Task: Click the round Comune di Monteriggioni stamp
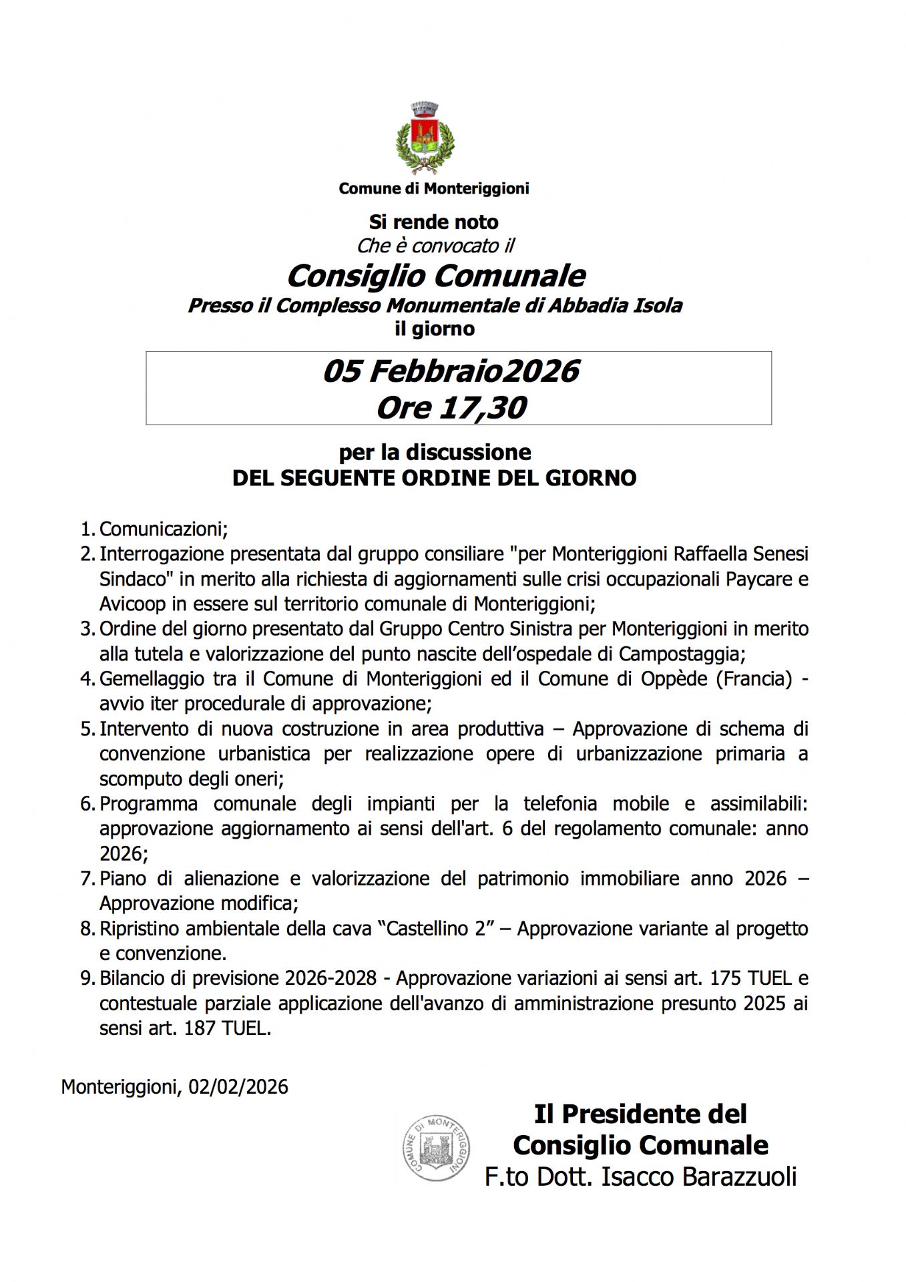pos(436,1147)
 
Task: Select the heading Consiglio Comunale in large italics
pos(435,276)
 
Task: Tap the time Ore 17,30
pos(451,407)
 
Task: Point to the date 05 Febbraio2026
pos(451,371)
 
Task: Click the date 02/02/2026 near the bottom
pos(238,1087)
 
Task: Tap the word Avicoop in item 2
pos(132,604)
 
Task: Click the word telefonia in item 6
pos(560,804)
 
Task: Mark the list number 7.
pos(87,879)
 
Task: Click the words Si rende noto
pos(433,222)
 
